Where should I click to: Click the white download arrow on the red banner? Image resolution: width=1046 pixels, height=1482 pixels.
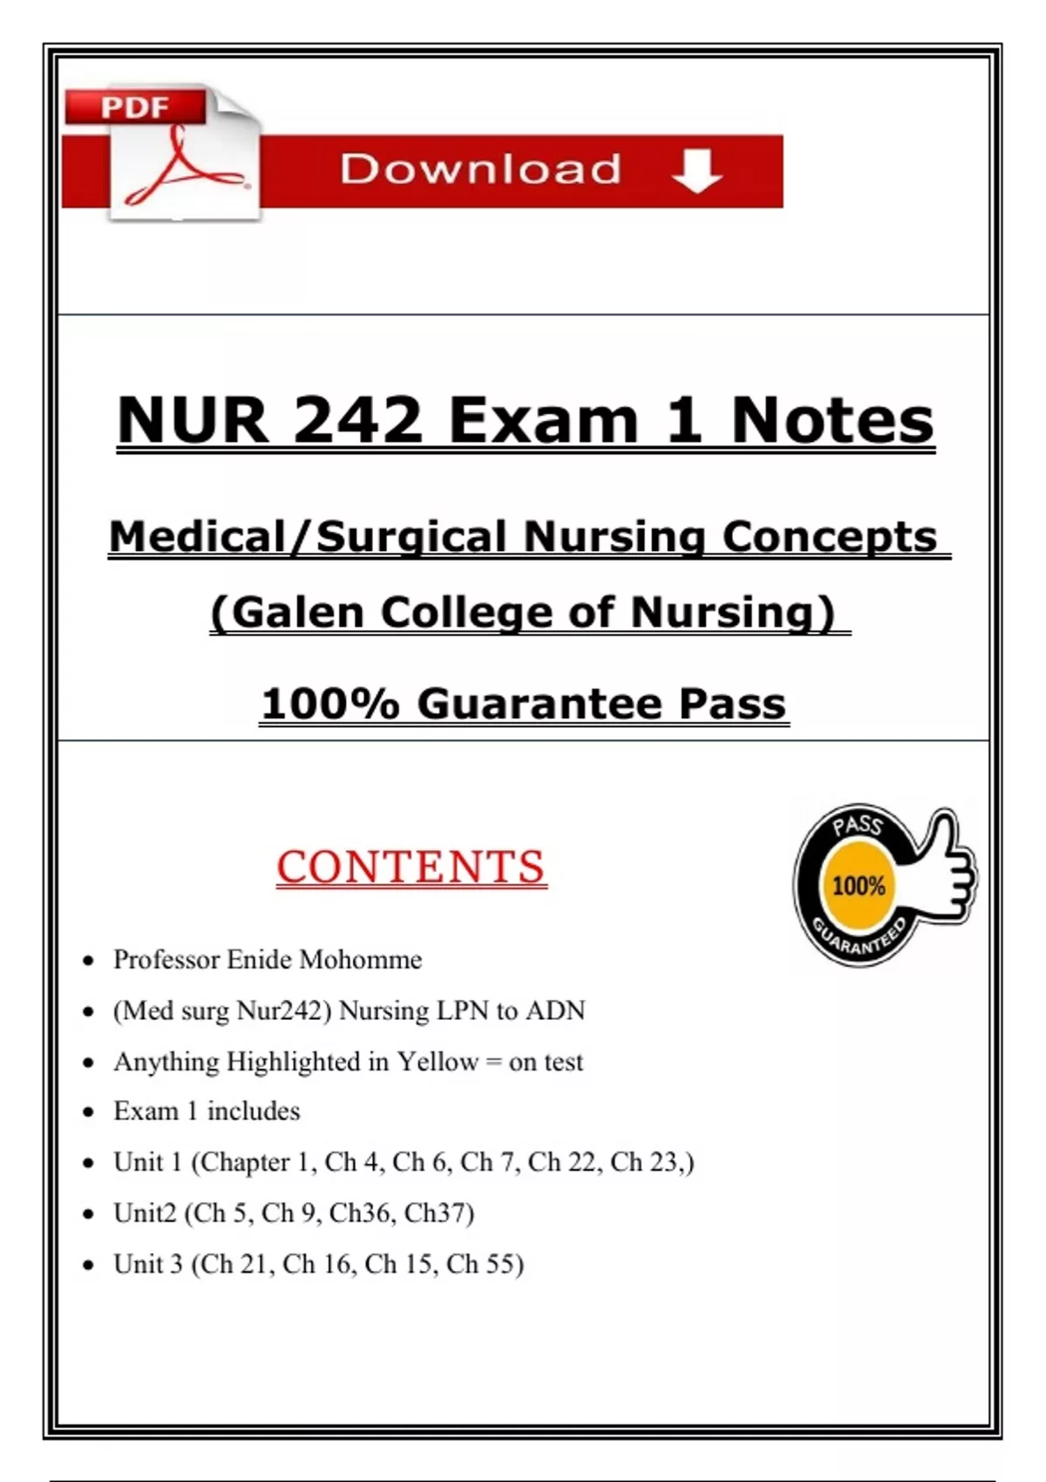[x=697, y=170]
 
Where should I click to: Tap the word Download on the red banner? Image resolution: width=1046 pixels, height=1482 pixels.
[x=480, y=169]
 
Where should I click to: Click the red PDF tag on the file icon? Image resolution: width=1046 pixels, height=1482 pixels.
[x=135, y=108]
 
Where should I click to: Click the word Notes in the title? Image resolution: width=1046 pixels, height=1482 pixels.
[x=832, y=421]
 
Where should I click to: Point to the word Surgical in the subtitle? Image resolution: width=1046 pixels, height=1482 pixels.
[x=413, y=536]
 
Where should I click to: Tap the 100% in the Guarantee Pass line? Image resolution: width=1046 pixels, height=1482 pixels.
[x=329, y=704]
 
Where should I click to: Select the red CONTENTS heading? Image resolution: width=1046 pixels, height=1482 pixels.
[x=411, y=867]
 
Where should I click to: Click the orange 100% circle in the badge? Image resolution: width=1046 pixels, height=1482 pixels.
[x=859, y=887]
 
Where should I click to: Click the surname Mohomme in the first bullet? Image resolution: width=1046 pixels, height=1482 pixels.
[x=360, y=960]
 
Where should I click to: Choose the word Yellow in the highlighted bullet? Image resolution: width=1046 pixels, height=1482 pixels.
[x=438, y=1062]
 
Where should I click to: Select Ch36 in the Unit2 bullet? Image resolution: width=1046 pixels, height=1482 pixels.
[x=362, y=1213]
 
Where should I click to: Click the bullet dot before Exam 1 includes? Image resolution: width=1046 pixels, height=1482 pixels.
[x=88, y=1112]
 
